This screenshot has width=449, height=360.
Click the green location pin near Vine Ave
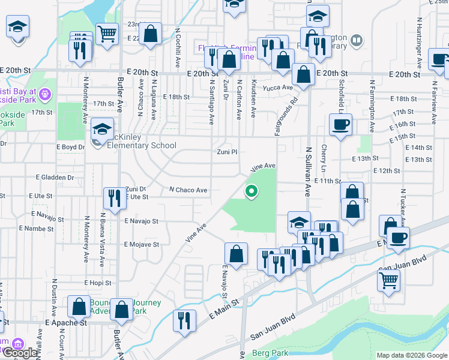[x=252, y=191]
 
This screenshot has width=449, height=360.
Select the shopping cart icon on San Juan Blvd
[x=388, y=279]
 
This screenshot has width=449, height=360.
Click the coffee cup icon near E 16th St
[x=341, y=125]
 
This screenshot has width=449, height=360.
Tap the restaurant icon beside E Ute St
[x=112, y=198]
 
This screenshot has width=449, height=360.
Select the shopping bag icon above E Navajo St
[x=237, y=253]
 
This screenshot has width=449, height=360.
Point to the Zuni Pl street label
[x=228, y=152]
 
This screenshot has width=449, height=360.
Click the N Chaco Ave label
[x=188, y=190]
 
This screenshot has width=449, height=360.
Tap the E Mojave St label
[x=142, y=245]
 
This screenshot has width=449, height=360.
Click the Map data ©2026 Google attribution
[x=412, y=355]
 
